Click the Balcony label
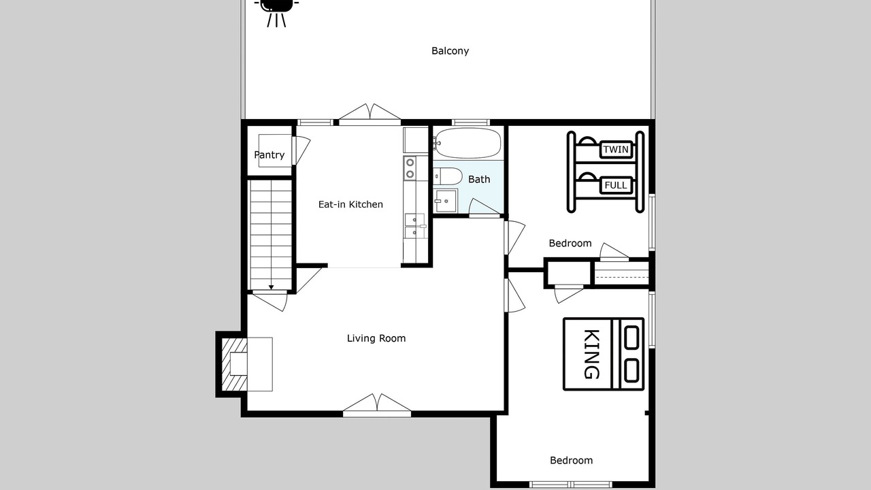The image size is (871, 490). pos(450,51)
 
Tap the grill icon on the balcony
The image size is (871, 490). pos(276,12)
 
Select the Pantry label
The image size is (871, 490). pos(269,154)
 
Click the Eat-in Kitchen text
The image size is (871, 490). pos(350,204)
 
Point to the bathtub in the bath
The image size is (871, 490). pos(467,143)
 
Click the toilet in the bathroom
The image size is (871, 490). pos(448,177)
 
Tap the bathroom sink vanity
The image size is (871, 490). pos(446,201)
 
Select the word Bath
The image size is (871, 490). pos(479,179)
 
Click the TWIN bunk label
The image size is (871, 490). pos(616,149)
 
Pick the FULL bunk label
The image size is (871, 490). pos(616,185)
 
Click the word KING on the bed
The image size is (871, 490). pos(591,354)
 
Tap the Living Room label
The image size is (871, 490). pos(376,338)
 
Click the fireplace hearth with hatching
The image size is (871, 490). pos(234,364)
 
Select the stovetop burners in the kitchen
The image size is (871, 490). pos(410,168)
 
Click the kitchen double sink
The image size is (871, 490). pos(415,226)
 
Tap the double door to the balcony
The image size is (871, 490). pos(369,112)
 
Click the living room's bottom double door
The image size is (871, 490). pos(377,405)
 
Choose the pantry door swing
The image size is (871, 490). pos(301,150)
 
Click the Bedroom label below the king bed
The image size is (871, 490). pos(571,461)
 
